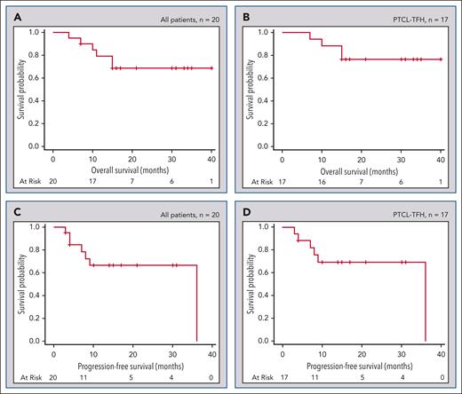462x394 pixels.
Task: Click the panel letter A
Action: [x=15, y=15]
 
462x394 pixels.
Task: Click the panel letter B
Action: [x=244, y=15]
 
